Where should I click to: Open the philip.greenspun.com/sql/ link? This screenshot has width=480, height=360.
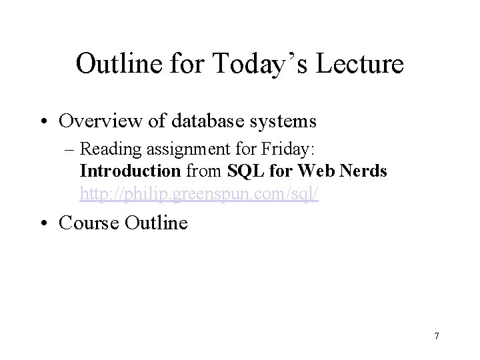tap(199, 193)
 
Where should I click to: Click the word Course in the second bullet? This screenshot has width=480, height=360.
tap(89, 222)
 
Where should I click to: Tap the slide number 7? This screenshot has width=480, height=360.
tap(436, 336)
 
